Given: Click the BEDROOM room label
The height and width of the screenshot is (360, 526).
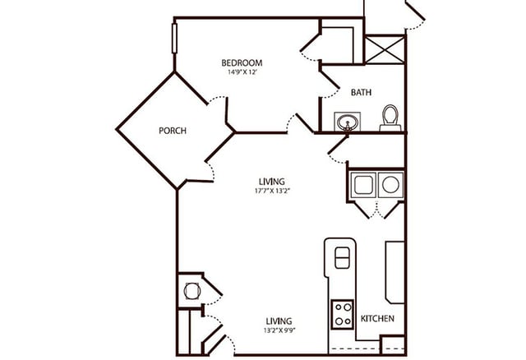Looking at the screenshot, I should pyautogui.click(x=242, y=62).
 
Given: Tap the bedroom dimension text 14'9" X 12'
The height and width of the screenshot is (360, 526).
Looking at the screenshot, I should pyautogui.click(x=242, y=72).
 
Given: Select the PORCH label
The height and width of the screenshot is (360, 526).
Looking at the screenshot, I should pyautogui.click(x=172, y=131).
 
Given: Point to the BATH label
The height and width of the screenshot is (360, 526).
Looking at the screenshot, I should pyautogui.click(x=361, y=93).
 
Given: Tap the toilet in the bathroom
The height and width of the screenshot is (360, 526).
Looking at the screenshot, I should pyautogui.click(x=390, y=118).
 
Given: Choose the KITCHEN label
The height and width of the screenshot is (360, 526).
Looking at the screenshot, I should pyautogui.click(x=377, y=318).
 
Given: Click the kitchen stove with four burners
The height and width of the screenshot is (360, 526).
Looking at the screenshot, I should pyautogui.click(x=342, y=314).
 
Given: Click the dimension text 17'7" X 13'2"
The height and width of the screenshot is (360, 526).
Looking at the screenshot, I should pyautogui.click(x=272, y=191).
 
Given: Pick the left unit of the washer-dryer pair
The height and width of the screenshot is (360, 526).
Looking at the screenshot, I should pyautogui.click(x=363, y=185).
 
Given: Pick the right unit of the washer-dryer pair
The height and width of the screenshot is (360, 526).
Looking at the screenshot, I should pyautogui.click(x=390, y=185).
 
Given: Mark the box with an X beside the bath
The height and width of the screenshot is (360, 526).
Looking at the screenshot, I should pyautogui.click(x=384, y=48).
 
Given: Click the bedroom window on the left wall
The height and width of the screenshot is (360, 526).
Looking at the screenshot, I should pyautogui.click(x=174, y=39).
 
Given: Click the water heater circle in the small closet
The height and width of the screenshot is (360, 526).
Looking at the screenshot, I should pyautogui.click(x=191, y=290).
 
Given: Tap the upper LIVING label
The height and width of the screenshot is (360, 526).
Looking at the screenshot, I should pyautogui.click(x=272, y=181).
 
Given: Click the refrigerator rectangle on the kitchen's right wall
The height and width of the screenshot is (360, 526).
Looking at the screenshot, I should pyautogui.click(x=394, y=271).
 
